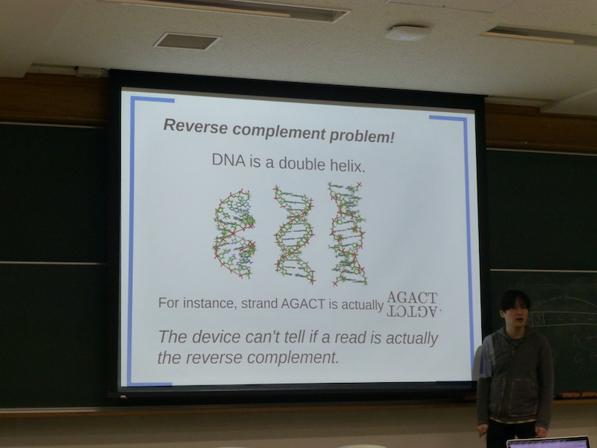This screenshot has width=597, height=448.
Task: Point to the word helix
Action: click(348, 166)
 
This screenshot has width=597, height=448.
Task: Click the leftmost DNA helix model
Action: click(234, 234)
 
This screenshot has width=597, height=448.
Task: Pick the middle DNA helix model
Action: click(294, 235)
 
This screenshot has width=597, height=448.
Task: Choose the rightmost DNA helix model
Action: click(348, 234)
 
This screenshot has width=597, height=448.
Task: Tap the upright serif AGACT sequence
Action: click(413, 297)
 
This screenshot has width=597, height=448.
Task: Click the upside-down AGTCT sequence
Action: click(413, 311)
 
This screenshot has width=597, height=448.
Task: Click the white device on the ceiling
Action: click(407, 33)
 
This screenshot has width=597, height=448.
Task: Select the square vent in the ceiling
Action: click(187, 41)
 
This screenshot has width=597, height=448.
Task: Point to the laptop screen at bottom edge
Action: click(548, 443)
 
